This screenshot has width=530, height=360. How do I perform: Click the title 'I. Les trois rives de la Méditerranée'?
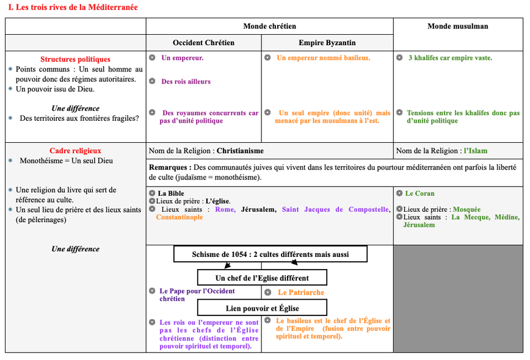pyautogui.click(x=73, y=7)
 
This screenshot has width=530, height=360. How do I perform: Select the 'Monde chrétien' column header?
pyautogui.click(x=269, y=26)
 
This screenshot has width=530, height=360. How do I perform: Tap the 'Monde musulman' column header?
pyautogui.click(x=457, y=26)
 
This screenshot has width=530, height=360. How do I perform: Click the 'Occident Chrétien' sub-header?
pyautogui.click(x=203, y=43)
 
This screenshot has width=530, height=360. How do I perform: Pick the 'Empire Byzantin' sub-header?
pyautogui.click(x=327, y=43)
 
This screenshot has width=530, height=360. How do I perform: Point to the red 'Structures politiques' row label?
pyautogui.click(x=75, y=59)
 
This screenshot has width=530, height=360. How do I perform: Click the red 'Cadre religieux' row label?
pyautogui.click(x=75, y=151)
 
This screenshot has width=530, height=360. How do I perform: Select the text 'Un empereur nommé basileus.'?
pyautogui.click(x=323, y=58)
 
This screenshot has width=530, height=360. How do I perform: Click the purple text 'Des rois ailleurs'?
pyautogui.click(x=186, y=81)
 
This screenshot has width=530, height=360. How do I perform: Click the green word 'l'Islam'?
pyautogui.click(x=475, y=151)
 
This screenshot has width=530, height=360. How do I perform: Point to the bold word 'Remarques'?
pyautogui.click(x=169, y=167)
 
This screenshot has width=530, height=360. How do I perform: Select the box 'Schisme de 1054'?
pyautogui.click(x=270, y=254)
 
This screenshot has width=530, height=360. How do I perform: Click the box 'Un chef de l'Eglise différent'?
pyautogui.click(x=262, y=278)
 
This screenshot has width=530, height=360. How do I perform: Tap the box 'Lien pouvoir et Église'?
pyautogui.click(x=262, y=308)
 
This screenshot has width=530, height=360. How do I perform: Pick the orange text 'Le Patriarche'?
pyautogui.click(x=301, y=292)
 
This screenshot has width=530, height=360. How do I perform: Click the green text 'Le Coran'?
pyautogui.click(x=419, y=193)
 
